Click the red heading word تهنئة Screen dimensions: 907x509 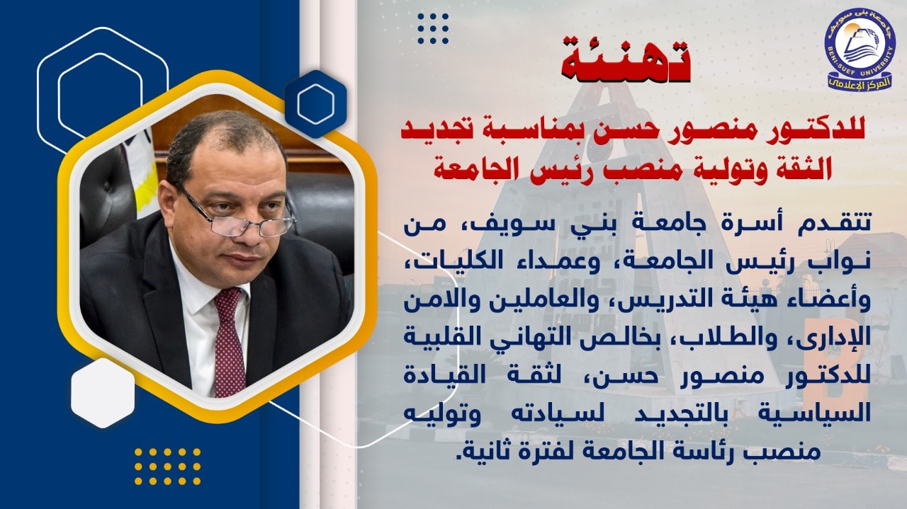pos(626,61)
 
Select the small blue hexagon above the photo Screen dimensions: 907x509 pos(316,103)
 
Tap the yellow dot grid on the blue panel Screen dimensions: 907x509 pos(168,466)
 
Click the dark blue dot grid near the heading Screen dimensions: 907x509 pos(433,28)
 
